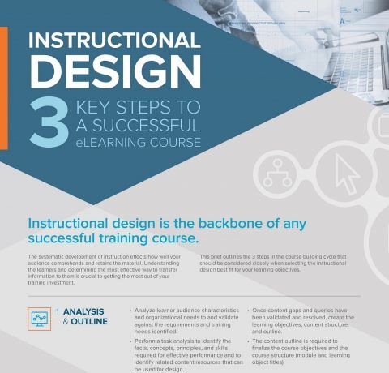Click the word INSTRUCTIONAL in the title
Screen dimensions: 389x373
point(114,41)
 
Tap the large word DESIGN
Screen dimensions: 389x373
point(116,71)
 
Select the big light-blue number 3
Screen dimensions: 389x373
point(49,122)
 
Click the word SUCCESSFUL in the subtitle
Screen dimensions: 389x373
point(146,126)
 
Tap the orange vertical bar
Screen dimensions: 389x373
point(4,88)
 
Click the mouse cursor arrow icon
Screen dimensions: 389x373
point(347,174)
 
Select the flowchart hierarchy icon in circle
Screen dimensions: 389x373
point(277,173)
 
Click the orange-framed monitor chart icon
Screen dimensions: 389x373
point(39,319)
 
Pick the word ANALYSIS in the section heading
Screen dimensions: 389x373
point(83,311)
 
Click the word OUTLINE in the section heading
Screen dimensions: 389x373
point(89,321)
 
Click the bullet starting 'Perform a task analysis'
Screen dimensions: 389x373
point(186,355)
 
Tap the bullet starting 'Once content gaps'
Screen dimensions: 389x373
point(301,321)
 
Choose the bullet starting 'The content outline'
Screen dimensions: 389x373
point(299,352)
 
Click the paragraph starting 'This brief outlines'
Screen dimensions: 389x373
point(273,263)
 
